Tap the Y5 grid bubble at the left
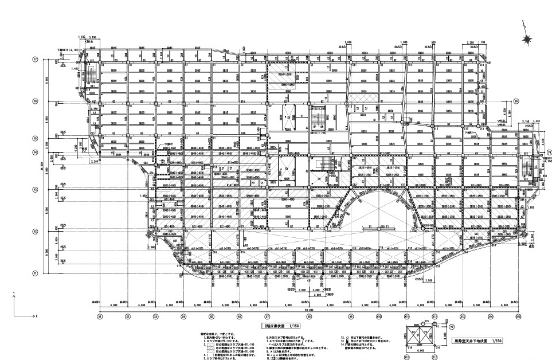click(x=35, y=138)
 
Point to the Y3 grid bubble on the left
click(x=35, y=189)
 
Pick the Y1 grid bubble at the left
click(x=35, y=273)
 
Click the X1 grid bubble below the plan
click(x=100, y=315)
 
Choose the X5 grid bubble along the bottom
click(x=212, y=315)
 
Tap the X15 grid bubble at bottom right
click(x=518, y=315)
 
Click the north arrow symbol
click(x=526, y=39)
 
